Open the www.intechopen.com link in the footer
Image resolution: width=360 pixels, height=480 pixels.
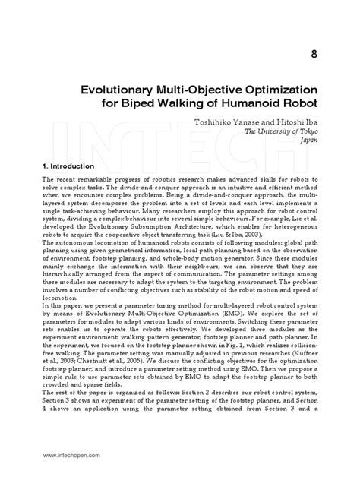pos(64,456)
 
